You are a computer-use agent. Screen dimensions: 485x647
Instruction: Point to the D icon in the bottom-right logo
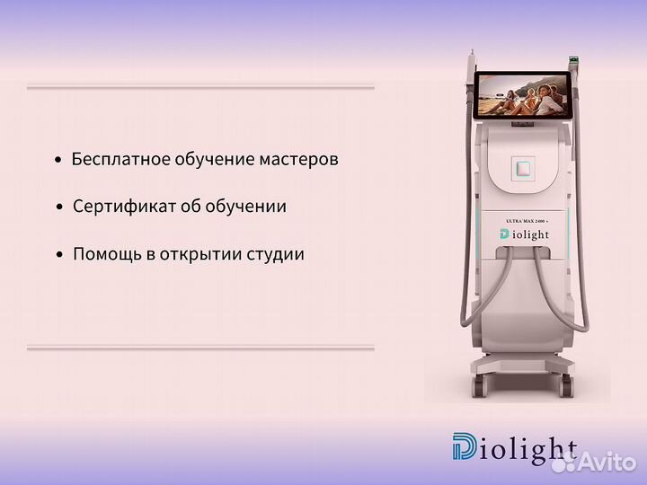466,449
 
